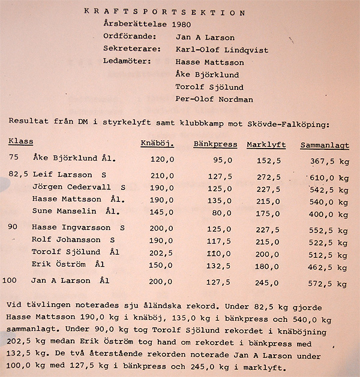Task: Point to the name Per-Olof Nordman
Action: point(215,99)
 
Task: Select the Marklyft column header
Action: point(266,144)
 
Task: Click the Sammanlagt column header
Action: point(324,145)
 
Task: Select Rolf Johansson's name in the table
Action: point(62,240)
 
